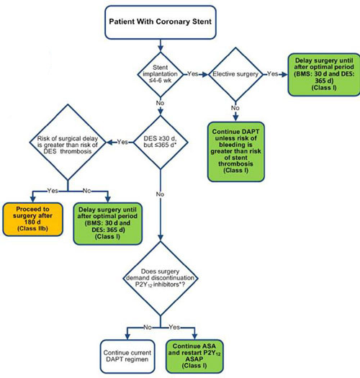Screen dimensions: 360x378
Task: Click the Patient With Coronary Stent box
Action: (161, 22)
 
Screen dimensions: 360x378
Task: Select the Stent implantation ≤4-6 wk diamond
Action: (160, 74)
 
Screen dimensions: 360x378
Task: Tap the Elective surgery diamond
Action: (235, 74)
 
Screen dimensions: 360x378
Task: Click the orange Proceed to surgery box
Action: (33, 219)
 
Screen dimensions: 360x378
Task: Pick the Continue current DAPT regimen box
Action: (127, 356)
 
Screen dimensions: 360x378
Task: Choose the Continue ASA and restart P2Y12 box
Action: (194, 356)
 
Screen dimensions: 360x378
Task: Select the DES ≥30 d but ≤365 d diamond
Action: (161, 143)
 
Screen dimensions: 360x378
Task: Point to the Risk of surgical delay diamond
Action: (68, 143)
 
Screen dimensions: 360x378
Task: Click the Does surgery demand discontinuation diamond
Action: (161, 278)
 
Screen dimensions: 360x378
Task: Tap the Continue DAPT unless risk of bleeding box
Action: (236, 152)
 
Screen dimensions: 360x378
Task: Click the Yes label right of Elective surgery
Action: (273, 73)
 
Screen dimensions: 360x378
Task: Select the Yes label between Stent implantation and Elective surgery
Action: (193, 73)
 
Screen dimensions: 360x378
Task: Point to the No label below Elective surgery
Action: (235, 108)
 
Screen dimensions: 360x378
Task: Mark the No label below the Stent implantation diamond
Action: (160, 103)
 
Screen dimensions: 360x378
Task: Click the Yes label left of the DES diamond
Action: (122, 142)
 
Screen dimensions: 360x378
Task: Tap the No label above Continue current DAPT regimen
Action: (148, 327)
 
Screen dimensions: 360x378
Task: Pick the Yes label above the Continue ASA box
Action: (174, 327)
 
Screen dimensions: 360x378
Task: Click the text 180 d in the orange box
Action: (32, 222)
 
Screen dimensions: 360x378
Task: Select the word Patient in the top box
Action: (122, 22)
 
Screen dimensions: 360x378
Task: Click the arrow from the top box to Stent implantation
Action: (161, 45)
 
